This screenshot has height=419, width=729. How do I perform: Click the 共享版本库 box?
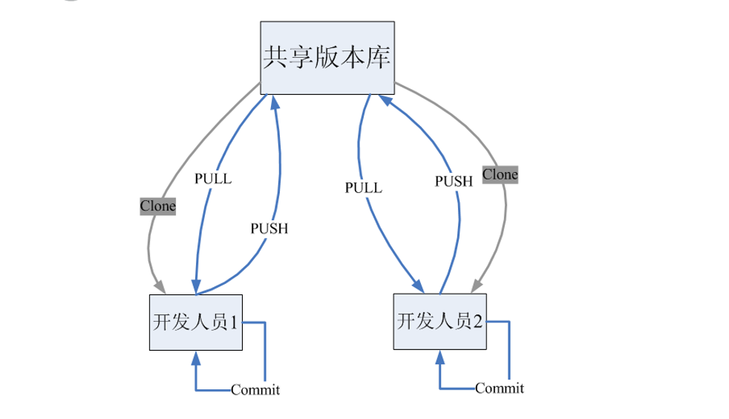(x=327, y=58)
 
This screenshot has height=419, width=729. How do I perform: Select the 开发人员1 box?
(x=197, y=323)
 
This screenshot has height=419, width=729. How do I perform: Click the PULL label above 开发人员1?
(x=212, y=179)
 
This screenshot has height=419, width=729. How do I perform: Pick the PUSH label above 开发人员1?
(x=269, y=228)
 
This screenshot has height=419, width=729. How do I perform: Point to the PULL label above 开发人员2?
(x=363, y=188)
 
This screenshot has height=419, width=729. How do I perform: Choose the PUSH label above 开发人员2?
(x=454, y=180)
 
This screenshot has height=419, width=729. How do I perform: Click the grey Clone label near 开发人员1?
(x=157, y=206)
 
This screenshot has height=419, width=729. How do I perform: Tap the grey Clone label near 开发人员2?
(x=500, y=175)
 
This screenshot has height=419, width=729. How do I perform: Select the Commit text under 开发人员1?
(x=255, y=390)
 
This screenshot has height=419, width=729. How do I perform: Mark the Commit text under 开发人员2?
(x=499, y=388)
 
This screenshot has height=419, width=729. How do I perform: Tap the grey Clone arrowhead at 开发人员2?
(x=477, y=285)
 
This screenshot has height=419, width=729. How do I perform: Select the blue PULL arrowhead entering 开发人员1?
(x=195, y=287)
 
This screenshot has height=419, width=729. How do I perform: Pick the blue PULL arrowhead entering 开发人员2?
(x=419, y=286)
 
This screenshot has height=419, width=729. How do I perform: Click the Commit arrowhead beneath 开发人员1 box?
(x=196, y=359)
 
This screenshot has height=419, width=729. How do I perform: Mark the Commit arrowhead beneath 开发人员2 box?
(x=440, y=357)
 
